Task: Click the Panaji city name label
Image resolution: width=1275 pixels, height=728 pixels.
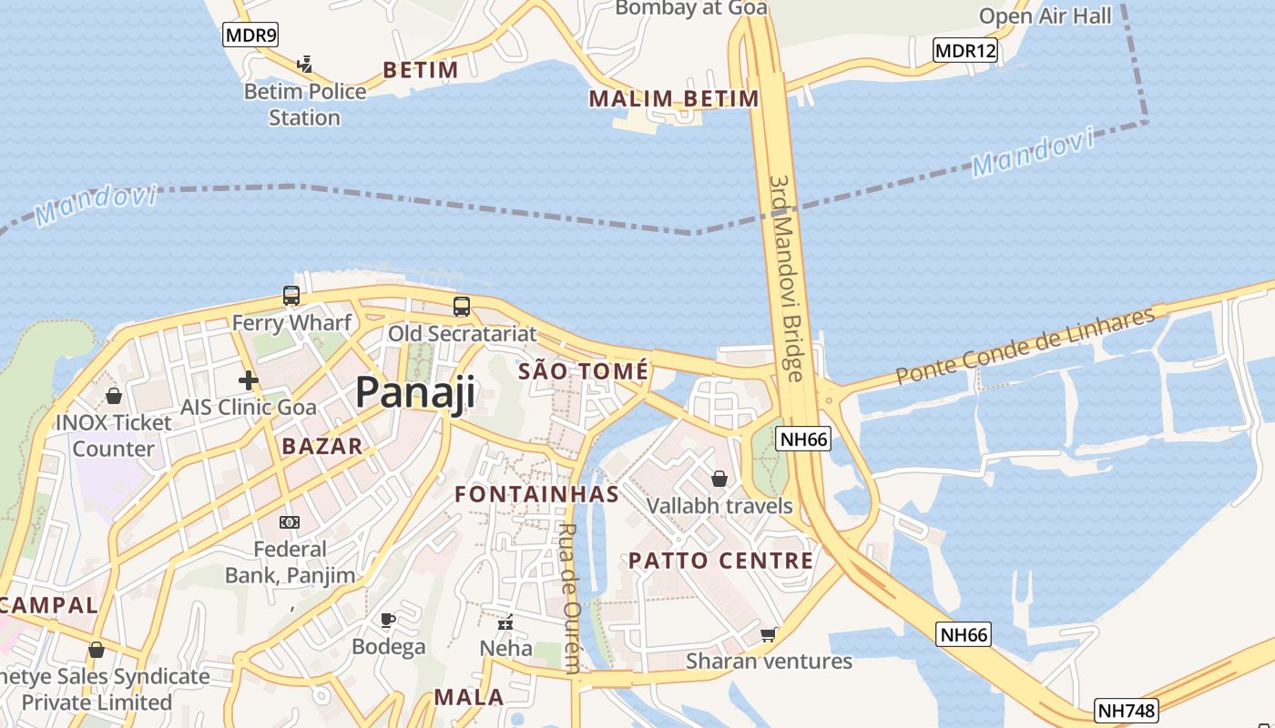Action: (415, 392)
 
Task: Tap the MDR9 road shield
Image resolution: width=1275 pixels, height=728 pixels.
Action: (250, 35)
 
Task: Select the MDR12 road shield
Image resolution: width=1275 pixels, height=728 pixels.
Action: (965, 51)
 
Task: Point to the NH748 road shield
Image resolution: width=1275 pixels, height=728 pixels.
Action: (1126, 710)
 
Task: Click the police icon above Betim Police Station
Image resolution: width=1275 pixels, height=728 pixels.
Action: (305, 65)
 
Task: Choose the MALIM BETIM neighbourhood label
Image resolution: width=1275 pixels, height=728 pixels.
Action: (674, 98)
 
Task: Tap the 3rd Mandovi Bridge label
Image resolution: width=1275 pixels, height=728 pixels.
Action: (787, 278)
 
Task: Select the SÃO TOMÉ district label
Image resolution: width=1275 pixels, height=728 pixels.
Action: (583, 371)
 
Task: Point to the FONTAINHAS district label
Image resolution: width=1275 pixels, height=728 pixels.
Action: (537, 494)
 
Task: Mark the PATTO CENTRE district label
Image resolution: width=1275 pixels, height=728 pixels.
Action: (720, 561)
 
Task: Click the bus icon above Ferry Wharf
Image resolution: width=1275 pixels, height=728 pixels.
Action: (291, 296)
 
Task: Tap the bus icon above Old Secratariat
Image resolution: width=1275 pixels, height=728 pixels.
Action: (462, 307)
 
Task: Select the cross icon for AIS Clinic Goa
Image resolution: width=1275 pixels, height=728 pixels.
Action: (248, 380)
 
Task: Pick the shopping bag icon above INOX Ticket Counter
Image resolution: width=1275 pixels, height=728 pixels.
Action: (114, 396)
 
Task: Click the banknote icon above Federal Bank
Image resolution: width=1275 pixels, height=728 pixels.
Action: (289, 522)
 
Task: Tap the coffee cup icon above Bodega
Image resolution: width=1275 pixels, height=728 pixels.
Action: (388, 621)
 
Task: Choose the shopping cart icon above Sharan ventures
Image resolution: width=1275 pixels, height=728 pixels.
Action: (769, 634)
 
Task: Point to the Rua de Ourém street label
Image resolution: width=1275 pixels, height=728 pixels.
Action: (570, 598)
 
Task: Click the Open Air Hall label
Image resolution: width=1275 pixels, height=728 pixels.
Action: (1045, 15)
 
